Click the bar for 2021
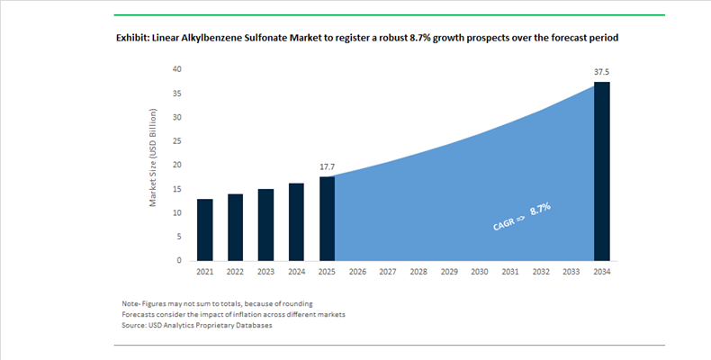click(205, 229)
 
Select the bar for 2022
click(235, 227)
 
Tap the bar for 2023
click(265, 225)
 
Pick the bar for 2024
click(296, 221)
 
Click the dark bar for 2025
click(328, 218)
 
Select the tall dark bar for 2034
click(602, 171)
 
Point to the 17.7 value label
click(328, 166)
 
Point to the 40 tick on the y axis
click(176, 69)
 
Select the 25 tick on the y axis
click(176, 141)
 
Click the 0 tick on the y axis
click(179, 260)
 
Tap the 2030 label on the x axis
click(480, 272)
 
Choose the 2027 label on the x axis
click(388, 272)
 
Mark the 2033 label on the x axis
click(571, 272)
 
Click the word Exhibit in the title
click(136, 39)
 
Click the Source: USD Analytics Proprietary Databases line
click(197, 325)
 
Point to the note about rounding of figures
click(217, 303)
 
